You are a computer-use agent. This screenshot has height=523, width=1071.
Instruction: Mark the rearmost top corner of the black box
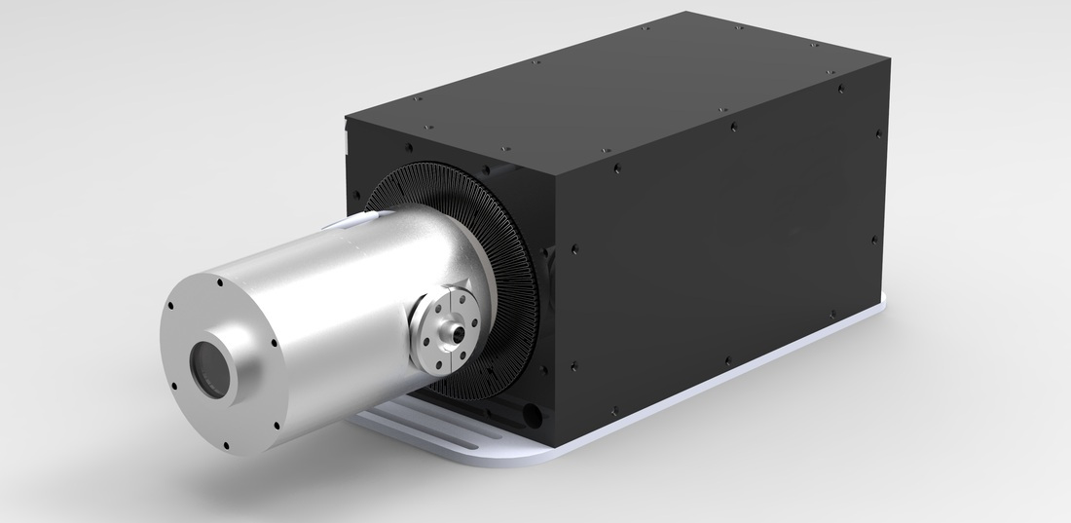coord(690,13)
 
